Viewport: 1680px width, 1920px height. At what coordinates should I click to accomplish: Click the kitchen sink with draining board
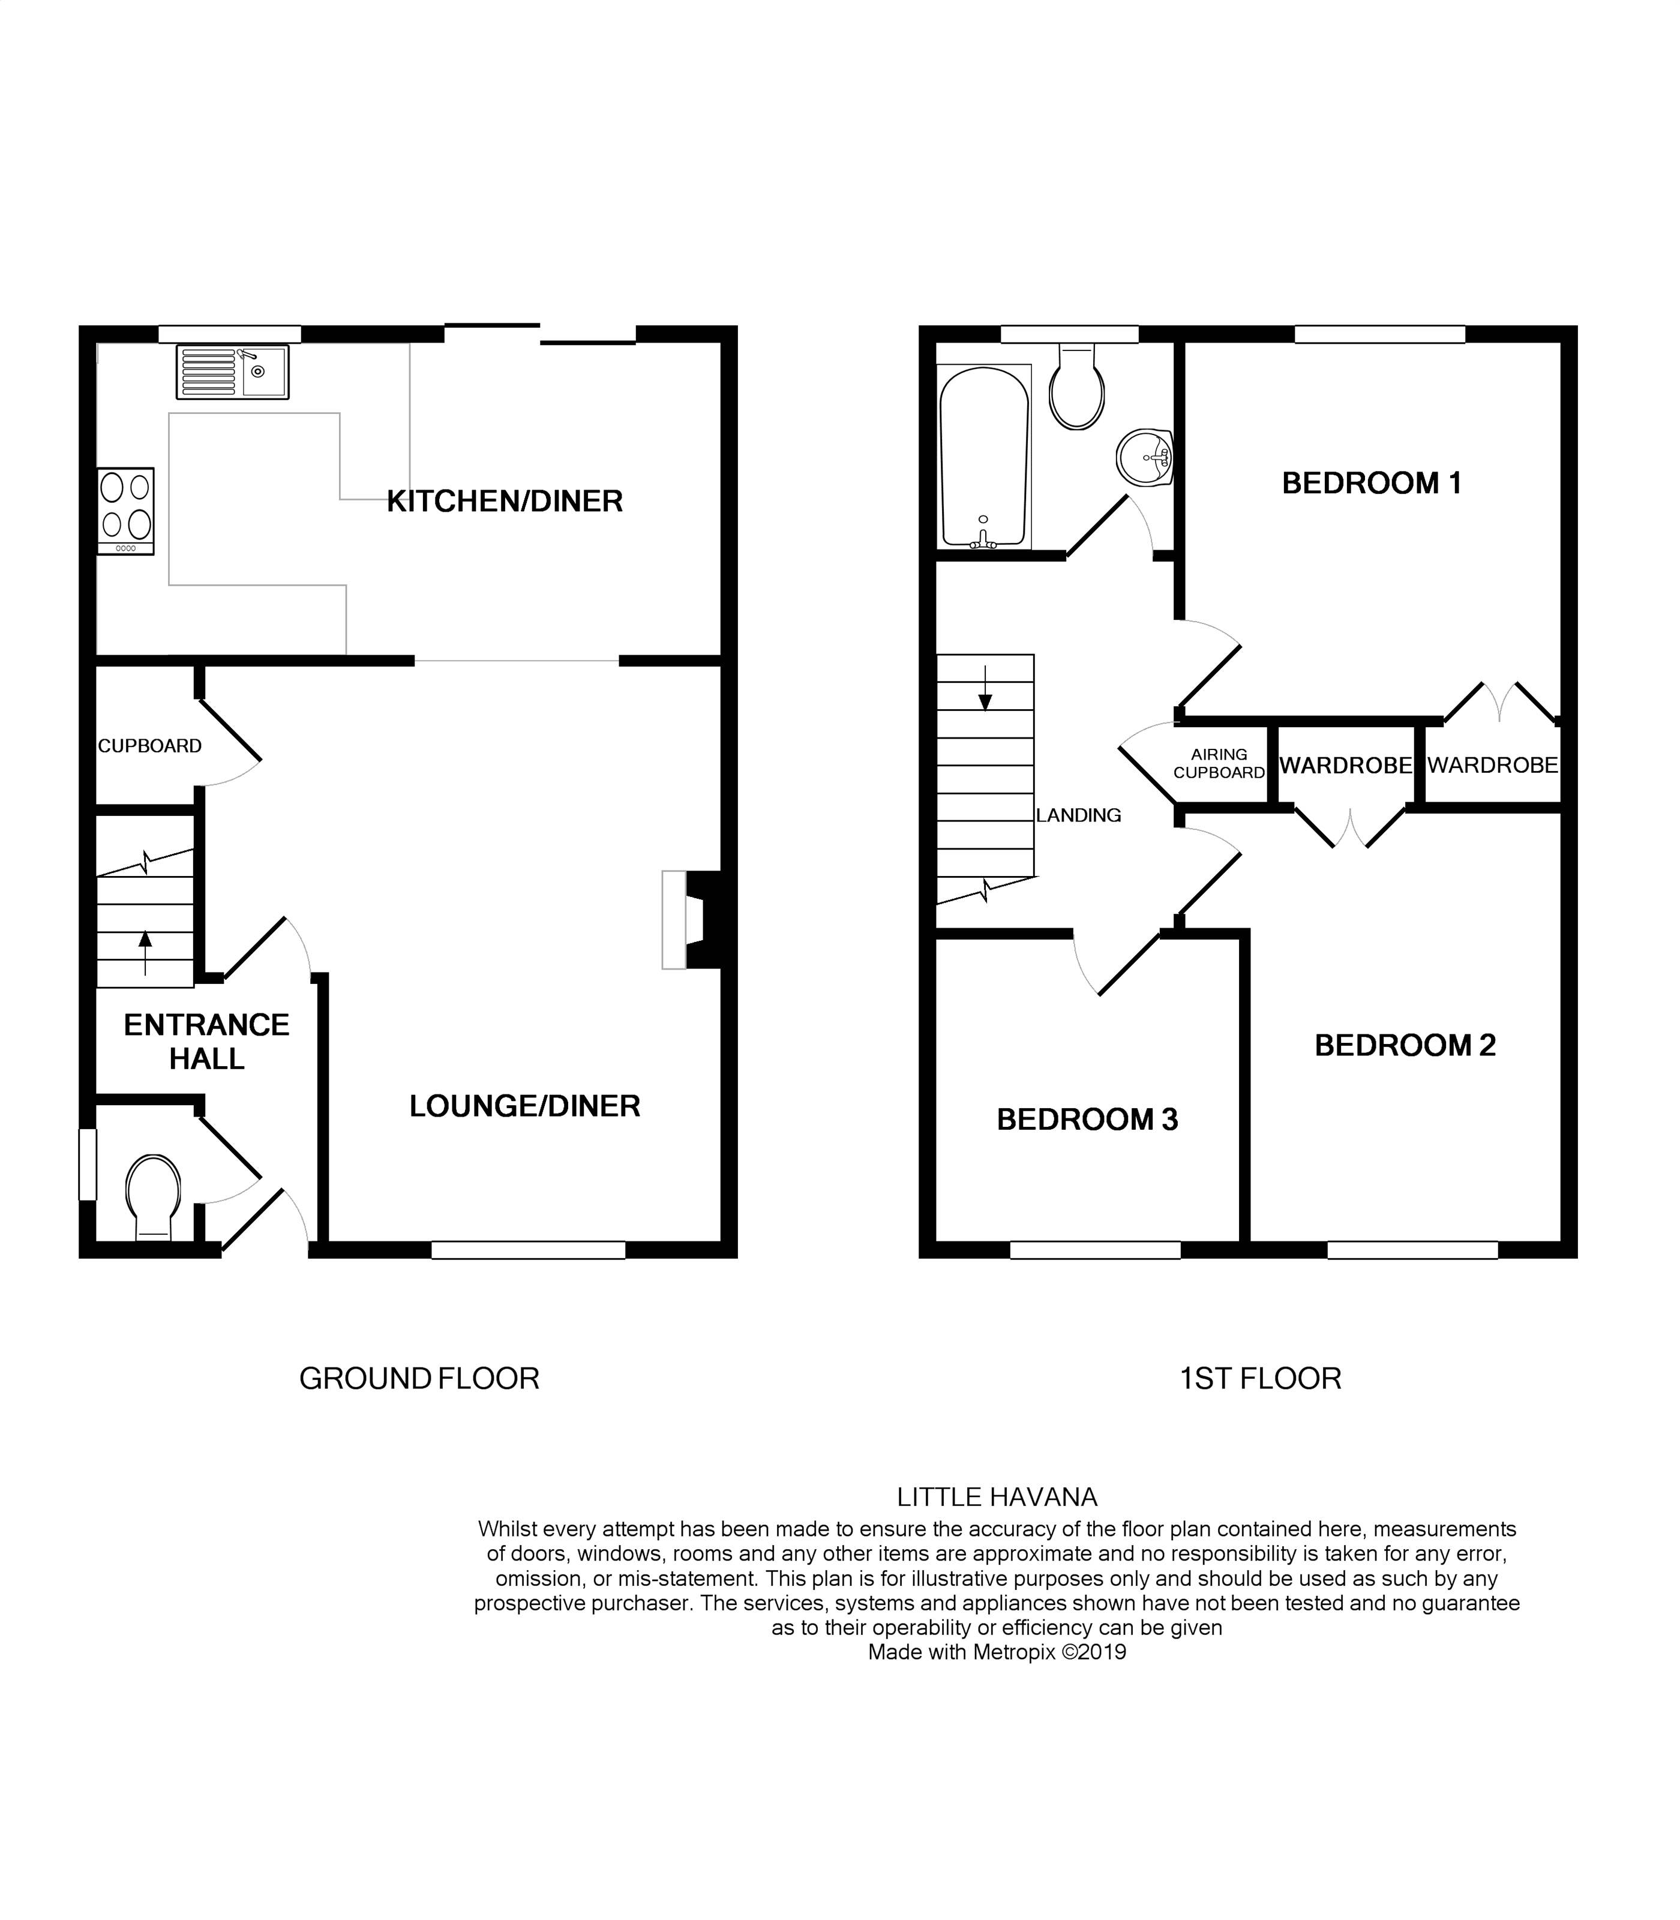(232, 372)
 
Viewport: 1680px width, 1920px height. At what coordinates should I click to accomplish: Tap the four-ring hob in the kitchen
(125, 511)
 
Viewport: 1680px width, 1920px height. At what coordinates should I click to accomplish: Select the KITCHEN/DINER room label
(505, 502)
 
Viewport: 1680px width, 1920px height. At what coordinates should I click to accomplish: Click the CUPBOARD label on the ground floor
(149, 746)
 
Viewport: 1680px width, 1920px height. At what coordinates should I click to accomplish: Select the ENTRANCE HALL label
(206, 1042)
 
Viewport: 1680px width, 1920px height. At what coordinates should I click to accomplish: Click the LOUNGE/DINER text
(524, 1106)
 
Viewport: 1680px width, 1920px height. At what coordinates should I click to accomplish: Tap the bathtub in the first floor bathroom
(983, 457)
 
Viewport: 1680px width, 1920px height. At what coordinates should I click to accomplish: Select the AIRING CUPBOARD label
(1219, 763)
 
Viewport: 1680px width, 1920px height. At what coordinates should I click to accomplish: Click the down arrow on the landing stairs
(985, 692)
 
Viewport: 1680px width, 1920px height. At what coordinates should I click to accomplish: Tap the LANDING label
(1078, 815)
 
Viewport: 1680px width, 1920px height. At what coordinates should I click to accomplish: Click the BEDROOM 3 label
(1087, 1120)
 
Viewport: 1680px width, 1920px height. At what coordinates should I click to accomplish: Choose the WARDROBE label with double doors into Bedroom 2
(1345, 766)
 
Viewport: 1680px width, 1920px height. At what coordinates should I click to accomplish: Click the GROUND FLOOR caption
(419, 1378)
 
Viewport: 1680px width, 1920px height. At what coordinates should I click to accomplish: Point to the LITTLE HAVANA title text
(997, 1497)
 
